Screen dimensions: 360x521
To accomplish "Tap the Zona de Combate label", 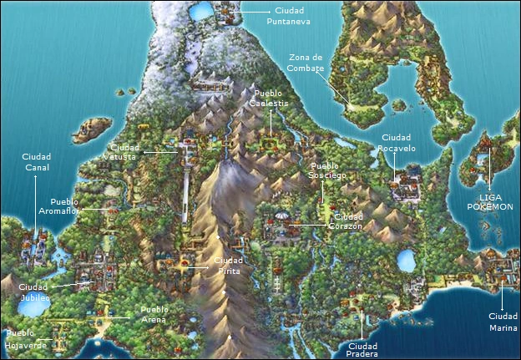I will click(x=306, y=63).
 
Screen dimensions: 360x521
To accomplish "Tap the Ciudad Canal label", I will click(x=36, y=162).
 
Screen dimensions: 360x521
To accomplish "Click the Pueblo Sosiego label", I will click(x=328, y=170).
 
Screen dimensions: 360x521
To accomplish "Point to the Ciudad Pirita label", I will click(x=228, y=266).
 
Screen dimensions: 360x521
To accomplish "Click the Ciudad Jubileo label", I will click(x=34, y=292).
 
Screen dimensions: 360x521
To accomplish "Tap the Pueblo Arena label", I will click(x=154, y=315).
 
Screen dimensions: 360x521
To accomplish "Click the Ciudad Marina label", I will click(x=503, y=322).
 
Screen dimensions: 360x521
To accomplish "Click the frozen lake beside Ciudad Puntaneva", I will click(x=202, y=12).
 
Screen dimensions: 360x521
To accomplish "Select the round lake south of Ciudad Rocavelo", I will click(x=406, y=260).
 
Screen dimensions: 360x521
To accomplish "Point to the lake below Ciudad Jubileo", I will click(x=33, y=307).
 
